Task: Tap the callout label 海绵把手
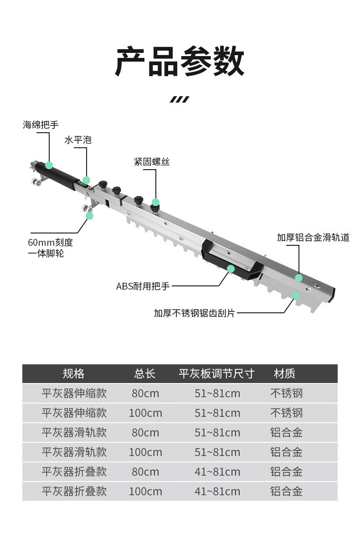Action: (x=41, y=124)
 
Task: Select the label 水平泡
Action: (x=77, y=140)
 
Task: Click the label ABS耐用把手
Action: (x=143, y=286)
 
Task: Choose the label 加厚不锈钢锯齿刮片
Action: (x=194, y=313)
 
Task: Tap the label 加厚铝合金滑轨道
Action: (x=313, y=238)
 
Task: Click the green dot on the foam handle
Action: (x=49, y=165)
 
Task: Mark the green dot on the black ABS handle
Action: (x=231, y=269)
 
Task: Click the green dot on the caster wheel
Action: (x=89, y=215)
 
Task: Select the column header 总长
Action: (x=145, y=374)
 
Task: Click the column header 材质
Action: (x=285, y=374)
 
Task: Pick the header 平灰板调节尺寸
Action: (x=216, y=374)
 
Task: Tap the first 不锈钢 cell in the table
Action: (x=286, y=394)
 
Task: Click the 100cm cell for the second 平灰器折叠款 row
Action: (x=145, y=492)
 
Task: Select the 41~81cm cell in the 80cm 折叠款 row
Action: (x=217, y=472)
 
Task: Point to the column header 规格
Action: (x=73, y=374)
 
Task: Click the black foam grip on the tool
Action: (x=57, y=176)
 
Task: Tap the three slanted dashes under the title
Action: (x=179, y=99)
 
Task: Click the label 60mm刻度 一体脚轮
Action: (x=50, y=248)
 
